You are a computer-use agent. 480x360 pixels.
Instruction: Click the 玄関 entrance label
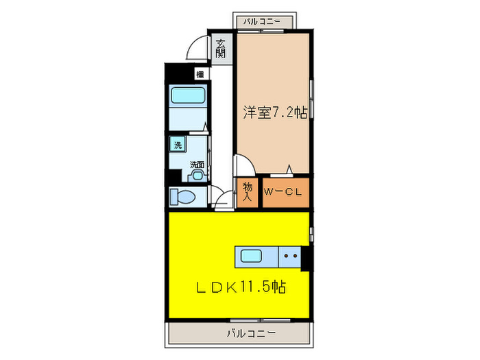pyautogui.click(x=221, y=49)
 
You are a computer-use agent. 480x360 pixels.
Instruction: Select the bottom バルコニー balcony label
pyautogui.click(x=251, y=333)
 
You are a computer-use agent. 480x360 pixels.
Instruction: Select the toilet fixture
pyautogui.click(x=184, y=197)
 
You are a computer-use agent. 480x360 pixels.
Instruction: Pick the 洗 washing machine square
pyautogui.click(x=178, y=145)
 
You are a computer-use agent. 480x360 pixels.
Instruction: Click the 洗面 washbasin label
pyautogui.click(x=197, y=165)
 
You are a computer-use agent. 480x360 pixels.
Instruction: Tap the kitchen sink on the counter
pyautogui.click(x=251, y=257)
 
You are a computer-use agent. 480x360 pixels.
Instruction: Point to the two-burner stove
pyautogui.click(x=289, y=258)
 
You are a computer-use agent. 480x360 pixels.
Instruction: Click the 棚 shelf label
pyautogui.click(x=199, y=73)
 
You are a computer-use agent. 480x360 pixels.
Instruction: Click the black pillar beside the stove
pyautogui.click(x=307, y=258)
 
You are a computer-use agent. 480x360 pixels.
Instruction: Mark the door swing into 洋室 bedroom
pyautogui.click(x=243, y=165)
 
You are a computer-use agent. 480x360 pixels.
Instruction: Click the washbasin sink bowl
pyautogui.click(x=198, y=176)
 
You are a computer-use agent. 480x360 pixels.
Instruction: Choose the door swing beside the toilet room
pyautogui.click(x=221, y=201)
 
